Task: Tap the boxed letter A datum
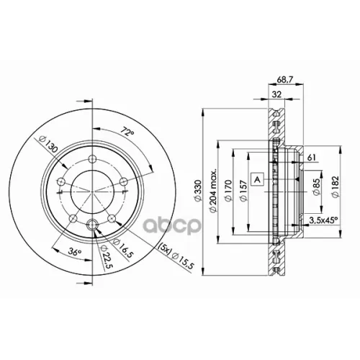point(257,179)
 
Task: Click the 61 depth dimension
point(311,158)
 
